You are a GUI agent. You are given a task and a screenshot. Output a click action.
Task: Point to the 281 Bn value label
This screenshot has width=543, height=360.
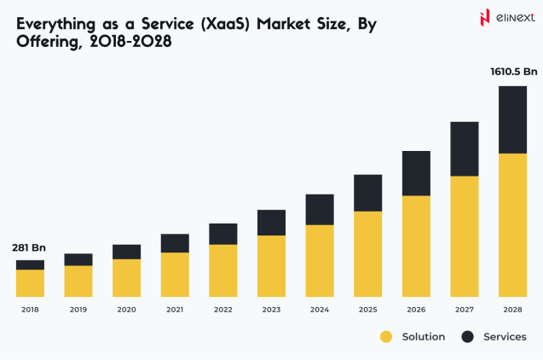click(x=28, y=247)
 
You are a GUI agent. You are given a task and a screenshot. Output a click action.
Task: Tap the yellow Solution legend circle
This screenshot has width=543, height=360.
click(x=386, y=337)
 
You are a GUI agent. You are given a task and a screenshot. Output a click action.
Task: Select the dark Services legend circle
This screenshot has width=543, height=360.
click(x=467, y=337)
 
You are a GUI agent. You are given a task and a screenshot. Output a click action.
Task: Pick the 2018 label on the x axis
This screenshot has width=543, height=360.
click(x=30, y=310)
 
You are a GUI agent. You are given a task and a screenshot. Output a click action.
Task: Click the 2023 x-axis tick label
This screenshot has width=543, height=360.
click(x=271, y=310)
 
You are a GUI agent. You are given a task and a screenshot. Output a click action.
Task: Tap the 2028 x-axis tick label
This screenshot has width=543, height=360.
click(x=512, y=310)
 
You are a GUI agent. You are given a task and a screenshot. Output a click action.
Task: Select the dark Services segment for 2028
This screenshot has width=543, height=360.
click(x=512, y=119)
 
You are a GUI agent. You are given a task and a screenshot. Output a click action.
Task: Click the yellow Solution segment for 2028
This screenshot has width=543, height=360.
click(x=512, y=224)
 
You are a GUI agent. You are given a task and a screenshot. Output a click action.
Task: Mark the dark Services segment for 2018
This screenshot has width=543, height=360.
click(x=30, y=264)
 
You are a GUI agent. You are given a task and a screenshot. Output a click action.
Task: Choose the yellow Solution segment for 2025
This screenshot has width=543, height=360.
click(x=367, y=253)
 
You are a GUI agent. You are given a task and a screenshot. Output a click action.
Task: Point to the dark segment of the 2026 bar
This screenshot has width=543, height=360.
click(x=416, y=173)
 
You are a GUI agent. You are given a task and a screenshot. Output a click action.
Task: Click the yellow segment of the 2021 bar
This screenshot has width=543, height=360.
click(x=175, y=274)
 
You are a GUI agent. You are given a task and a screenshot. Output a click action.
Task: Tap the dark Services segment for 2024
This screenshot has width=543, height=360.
click(x=320, y=209)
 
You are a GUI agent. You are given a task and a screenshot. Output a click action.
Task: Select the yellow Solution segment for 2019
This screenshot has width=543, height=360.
click(x=78, y=281)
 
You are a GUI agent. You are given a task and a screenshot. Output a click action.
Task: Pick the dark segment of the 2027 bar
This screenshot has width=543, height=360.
click(x=465, y=148)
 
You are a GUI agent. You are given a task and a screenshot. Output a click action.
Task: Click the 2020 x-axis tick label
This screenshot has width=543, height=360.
click(x=126, y=310)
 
